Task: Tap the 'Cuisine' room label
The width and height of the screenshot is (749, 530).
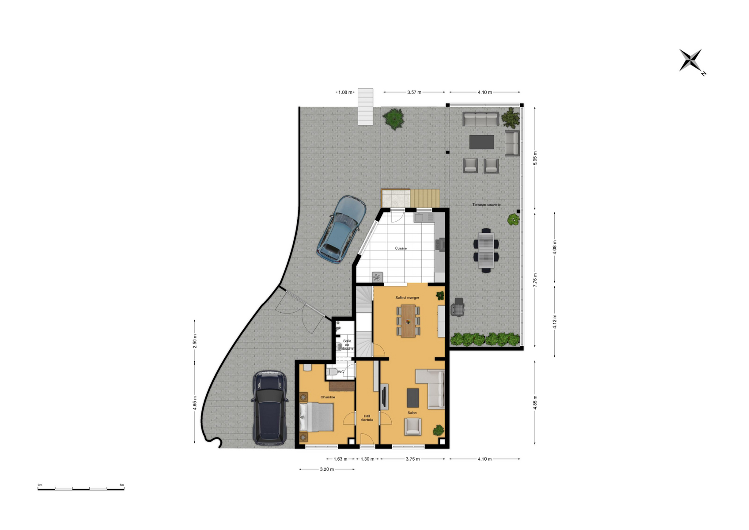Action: pyautogui.click(x=401, y=249)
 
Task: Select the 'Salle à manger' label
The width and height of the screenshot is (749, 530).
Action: pyautogui.click(x=407, y=298)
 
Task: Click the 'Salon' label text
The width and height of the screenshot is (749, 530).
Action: pyautogui.click(x=412, y=413)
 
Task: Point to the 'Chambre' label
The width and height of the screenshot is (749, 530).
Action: pyautogui.click(x=328, y=397)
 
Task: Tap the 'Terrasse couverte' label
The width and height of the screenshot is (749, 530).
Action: pyautogui.click(x=486, y=204)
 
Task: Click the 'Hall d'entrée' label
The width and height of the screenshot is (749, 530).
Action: pyautogui.click(x=367, y=418)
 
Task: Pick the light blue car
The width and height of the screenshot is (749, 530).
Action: pyautogui.click(x=341, y=229)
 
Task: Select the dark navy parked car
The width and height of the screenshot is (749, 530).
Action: pyautogui.click(x=269, y=408)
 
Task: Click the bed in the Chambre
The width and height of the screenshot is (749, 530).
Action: pyautogui.click(x=317, y=417)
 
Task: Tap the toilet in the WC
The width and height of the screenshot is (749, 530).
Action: pyautogui.click(x=332, y=372)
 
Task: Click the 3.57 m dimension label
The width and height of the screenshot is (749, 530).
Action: pyautogui.click(x=414, y=92)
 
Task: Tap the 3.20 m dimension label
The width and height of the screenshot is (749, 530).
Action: pyautogui.click(x=327, y=469)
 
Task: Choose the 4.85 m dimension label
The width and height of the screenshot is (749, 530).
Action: pyautogui.click(x=535, y=402)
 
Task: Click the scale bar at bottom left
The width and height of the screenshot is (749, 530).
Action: pyautogui.click(x=80, y=489)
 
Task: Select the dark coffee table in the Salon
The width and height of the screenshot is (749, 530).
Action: pyautogui.click(x=413, y=398)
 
